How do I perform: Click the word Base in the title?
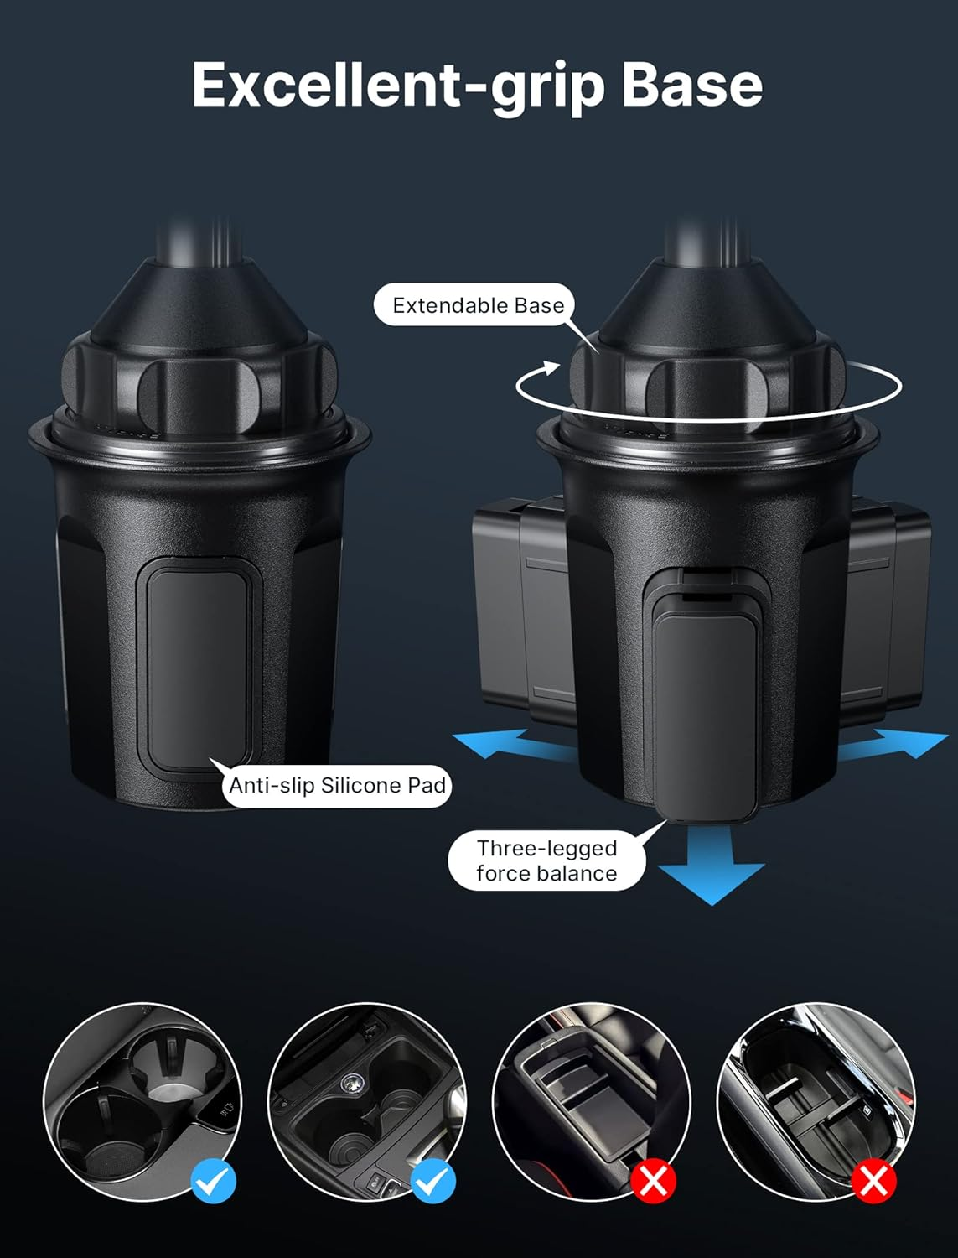691,86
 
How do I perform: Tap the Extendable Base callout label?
478,305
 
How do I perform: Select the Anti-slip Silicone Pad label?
337,786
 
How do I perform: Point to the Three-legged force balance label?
546,861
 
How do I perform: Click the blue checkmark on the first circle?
214,1181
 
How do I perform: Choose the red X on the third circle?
654,1181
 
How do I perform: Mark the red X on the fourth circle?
873,1181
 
